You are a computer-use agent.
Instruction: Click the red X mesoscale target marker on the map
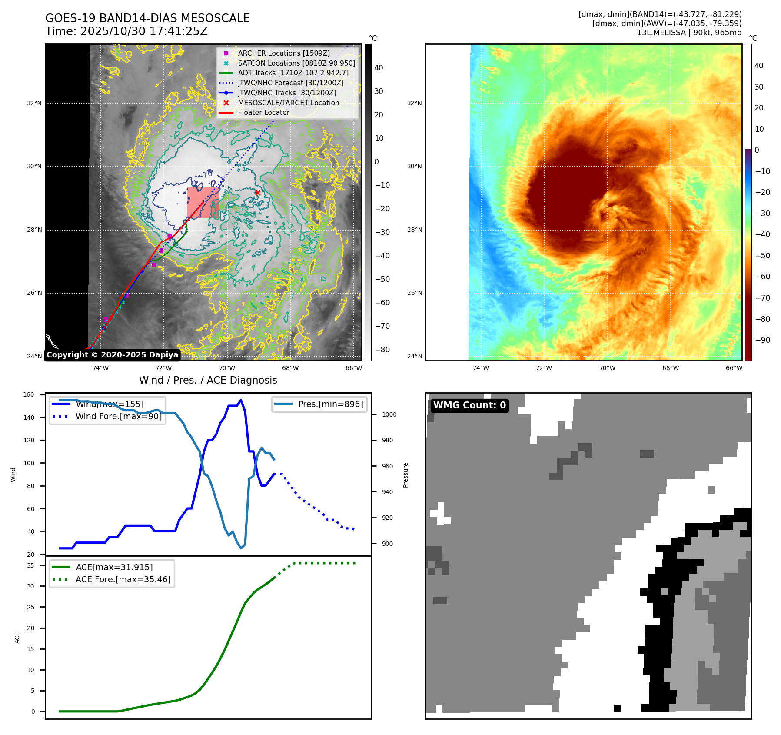[258, 193]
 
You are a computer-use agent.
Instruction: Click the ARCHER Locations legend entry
[283, 53]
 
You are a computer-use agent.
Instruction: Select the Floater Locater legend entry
[263, 112]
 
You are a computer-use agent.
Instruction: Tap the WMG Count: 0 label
[469, 405]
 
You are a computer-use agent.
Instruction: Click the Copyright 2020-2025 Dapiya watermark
[112, 355]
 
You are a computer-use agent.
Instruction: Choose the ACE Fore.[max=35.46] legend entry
[123, 579]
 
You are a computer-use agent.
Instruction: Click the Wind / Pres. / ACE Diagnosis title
[208, 380]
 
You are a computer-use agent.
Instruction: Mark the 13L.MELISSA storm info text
[689, 33]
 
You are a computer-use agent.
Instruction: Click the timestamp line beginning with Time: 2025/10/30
[126, 31]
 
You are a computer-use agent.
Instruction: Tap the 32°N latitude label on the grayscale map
[34, 104]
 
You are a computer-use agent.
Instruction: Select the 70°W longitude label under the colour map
[607, 368]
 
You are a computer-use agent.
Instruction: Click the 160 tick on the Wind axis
[29, 395]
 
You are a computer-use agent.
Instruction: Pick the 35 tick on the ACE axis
[30, 565]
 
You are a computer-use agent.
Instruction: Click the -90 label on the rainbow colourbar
[762, 340]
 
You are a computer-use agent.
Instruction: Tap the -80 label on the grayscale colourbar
[382, 350]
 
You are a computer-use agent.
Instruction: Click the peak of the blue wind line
[241, 400]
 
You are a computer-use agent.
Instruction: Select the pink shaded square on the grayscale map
[203, 203]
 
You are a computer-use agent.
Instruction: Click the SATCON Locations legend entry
[296, 63]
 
